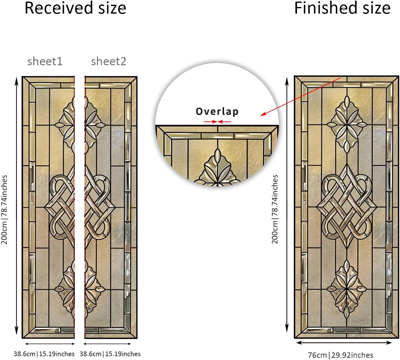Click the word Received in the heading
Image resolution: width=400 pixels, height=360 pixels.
click(x=59, y=8)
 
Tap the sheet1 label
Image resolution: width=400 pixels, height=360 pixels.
click(x=45, y=61)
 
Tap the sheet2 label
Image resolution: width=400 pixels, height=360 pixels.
click(x=108, y=61)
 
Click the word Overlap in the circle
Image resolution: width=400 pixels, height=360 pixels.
click(x=217, y=111)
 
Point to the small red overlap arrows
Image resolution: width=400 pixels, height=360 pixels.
click(x=217, y=122)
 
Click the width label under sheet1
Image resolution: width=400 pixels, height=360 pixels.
click(x=44, y=354)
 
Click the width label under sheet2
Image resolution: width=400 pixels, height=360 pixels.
click(x=110, y=354)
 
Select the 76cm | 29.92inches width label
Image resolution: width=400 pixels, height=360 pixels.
click(x=340, y=355)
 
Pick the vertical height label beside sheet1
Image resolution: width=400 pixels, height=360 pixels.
click(x=4, y=210)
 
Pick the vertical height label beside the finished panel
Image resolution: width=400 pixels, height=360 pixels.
click(x=274, y=209)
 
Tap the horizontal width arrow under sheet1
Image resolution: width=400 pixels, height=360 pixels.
click(x=50, y=344)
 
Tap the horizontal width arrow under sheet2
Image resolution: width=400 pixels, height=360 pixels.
click(x=107, y=344)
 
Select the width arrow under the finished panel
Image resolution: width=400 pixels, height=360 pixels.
click(x=344, y=343)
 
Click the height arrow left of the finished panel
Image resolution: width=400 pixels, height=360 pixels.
click(x=287, y=205)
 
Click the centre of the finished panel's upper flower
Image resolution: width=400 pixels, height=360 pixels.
click(x=347, y=125)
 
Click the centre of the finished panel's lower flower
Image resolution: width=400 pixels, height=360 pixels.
click(x=347, y=289)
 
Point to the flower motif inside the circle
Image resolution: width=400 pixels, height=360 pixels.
click(x=217, y=169)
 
